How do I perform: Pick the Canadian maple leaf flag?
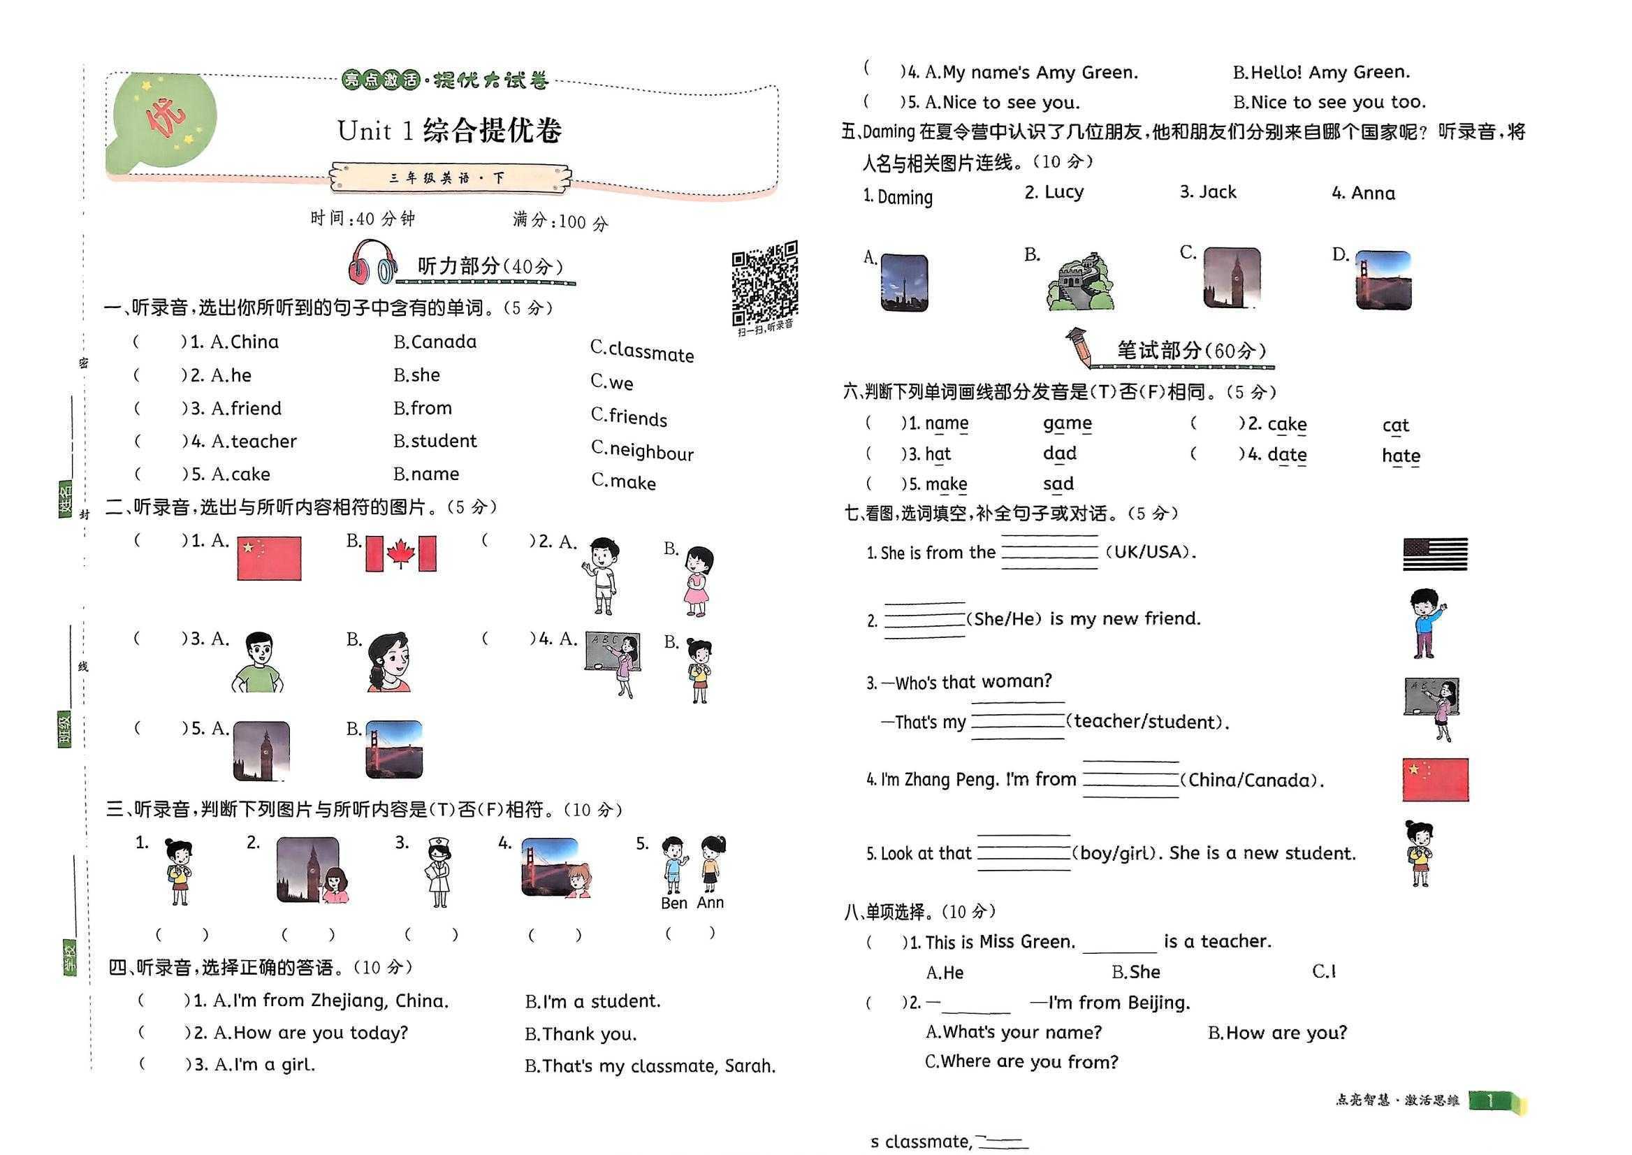pyautogui.click(x=400, y=553)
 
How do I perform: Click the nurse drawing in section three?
pyautogui.click(x=439, y=871)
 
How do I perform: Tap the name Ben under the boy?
pyautogui.click(x=673, y=903)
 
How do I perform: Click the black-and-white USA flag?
pyautogui.click(x=1434, y=554)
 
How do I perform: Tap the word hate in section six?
pyautogui.click(x=1400, y=456)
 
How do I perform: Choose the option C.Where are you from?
pyautogui.click(x=1021, y=1062)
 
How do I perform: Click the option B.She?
pyautogui.click(x=1136, y=972)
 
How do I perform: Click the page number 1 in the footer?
pyautogui.click(x=1490, y=1101)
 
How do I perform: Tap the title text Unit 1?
pyautogui.click(x=374, y=131)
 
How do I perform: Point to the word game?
pyautogui.click(x=1067, y=424)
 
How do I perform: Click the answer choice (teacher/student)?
pyautogui.click(x=1146, y=722)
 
